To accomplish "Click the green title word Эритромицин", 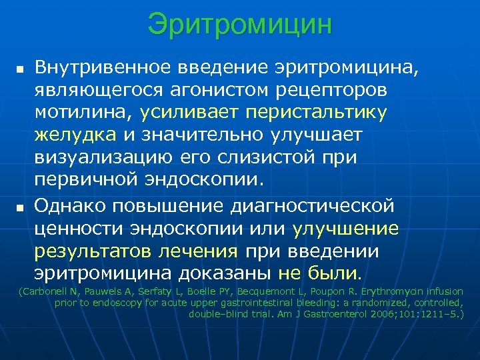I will [240, 25].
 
